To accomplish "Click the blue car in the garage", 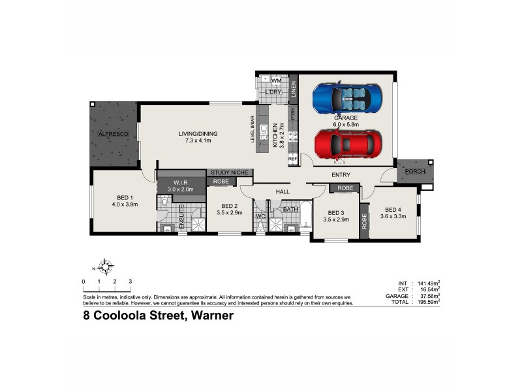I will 346,99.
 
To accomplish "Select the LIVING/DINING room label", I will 198,134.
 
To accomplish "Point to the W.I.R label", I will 181,182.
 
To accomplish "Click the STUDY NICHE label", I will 230,172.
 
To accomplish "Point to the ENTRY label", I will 341,174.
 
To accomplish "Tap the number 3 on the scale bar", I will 130,282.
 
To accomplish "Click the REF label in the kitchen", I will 292,158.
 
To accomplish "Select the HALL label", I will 282,192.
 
